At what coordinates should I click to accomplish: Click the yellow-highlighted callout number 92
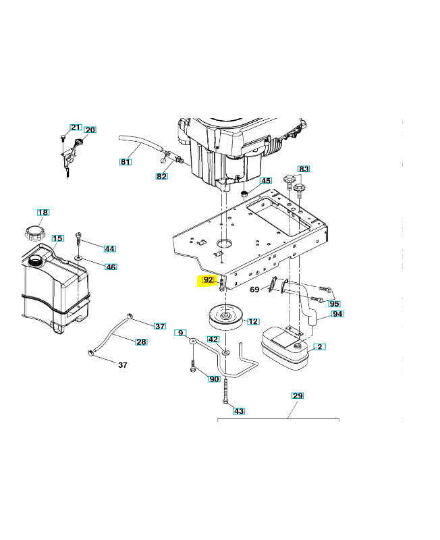[208, 279]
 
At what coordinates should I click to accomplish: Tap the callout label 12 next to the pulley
[253, 322]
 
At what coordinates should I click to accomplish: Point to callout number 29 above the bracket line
[298, 395]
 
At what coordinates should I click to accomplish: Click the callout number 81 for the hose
[126, 161]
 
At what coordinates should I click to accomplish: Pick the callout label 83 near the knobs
[304, 169]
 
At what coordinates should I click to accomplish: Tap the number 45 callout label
[266, 181]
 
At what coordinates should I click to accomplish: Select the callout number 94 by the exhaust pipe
[337, 315]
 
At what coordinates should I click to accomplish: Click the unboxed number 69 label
[255, 290]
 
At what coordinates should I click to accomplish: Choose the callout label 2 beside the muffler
[320, 347]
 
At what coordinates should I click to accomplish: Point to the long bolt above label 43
[225, 391]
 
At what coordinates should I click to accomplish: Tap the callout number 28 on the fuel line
[141, 342]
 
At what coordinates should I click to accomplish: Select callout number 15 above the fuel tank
[58, 238]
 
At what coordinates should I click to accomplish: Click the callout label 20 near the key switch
[90, 130]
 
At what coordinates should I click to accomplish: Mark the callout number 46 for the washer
[111, 267]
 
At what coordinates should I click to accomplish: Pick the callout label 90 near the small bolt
[214, 379]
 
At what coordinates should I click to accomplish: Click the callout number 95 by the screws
[335, 304]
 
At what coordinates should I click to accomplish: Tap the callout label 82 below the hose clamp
[162, 176]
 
